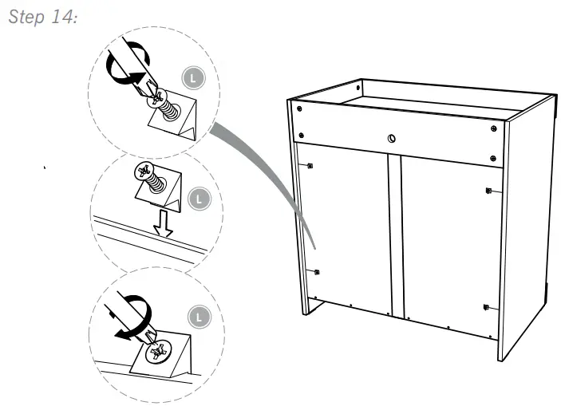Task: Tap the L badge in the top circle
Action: (x=192, y=79)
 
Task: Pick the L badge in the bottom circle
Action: (x=201, y=316)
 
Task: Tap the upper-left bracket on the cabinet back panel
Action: (x=309, y=166)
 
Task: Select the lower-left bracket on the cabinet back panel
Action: (x=318, y=272)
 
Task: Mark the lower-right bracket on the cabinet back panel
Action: (x=486, y=306)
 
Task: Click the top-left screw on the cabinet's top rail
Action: (x=298, y=108)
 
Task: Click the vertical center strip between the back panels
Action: (x=394, y=231)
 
